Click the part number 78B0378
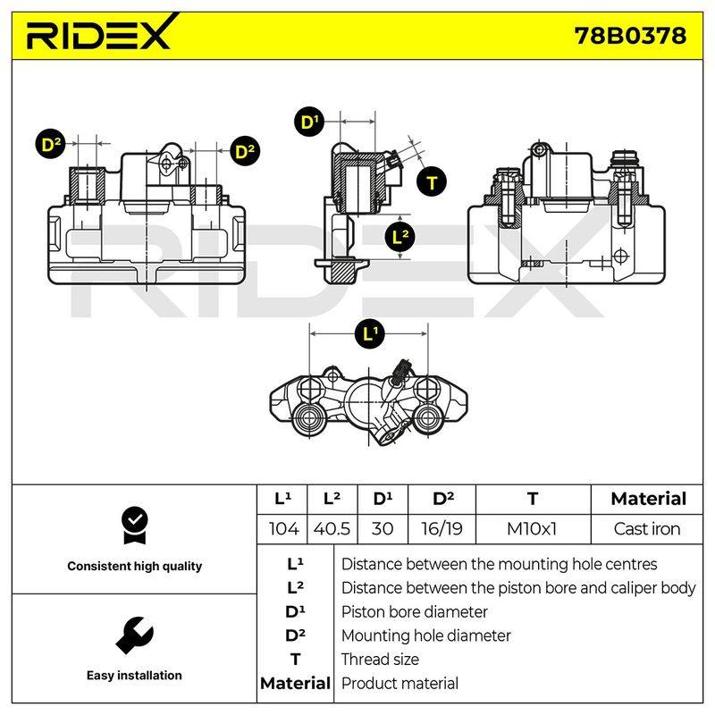coord(630,36)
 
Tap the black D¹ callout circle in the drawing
coord(309,122)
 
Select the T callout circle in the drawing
coord(432,182)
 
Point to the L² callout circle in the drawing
coord(400,236)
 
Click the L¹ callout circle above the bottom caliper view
coord(370,333)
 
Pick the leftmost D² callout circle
coord(50,144)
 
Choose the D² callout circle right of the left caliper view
coord(245,151)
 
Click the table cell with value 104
coord(283,529)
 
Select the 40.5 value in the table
coord(332,529)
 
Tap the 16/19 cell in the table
coord(442,529)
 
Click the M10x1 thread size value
coord(532,529)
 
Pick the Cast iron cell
coord(646,529)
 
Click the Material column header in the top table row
coord(649,499)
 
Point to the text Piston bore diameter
coord(414,612)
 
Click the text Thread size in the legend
coord(380,660)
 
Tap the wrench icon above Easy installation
coord(135,635)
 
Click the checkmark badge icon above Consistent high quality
coord(135,526)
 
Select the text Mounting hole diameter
coord(426,635)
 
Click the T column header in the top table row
coord(532,499)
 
